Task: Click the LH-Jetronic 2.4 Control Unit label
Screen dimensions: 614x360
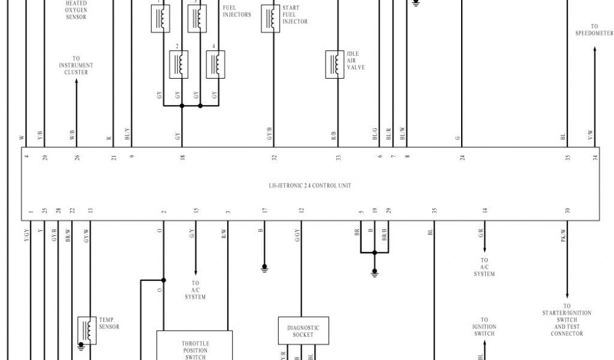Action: (x=309, y=185)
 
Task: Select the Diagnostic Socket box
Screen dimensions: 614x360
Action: (x=303, y=331)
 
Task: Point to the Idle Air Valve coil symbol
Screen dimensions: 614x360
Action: (x=335, y=64)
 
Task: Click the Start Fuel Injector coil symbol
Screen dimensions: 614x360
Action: (x=270, y=19)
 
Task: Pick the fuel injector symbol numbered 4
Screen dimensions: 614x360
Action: (x=215, y=64)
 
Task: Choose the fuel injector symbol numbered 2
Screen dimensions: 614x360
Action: (x=179, y=64)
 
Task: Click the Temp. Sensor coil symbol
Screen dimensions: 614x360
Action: (x=88, y=330)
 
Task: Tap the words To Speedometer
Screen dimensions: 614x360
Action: (x=594, y=30)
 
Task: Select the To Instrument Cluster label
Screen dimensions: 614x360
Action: (x=76, y=65)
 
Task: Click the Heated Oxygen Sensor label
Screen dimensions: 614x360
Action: (x=76, y=10)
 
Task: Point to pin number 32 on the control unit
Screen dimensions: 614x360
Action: (x=274, y=158)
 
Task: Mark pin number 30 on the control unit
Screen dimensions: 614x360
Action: (x=567, y=211)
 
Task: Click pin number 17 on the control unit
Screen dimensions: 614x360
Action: (x=264, y=211)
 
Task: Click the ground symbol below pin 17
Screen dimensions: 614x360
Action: (x=264, y=269)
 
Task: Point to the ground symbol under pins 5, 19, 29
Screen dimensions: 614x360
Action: (x=375, y=272)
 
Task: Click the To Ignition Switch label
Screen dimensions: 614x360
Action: (x=484, y=327)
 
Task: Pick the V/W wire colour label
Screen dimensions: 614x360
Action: (x=591, y=136)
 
